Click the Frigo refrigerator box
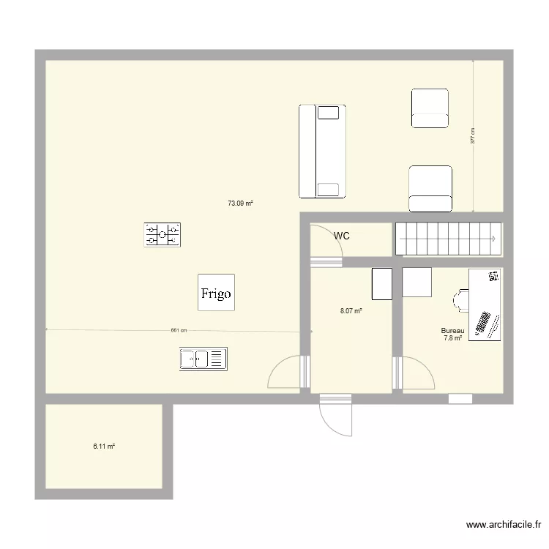[x=216, y=292]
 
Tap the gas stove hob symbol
[x=162, y=234]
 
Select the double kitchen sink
[x=203, y=359]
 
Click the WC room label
[x=341, y=236]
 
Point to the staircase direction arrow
[x=447, y=239]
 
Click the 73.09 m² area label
[x=240, y=203]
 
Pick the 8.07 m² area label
[x=351, y=310]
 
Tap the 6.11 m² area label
[x=104, y=447]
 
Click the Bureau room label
[x=452, y=331]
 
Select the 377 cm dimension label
[x=472, y=135]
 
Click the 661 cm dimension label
[x=179, y=330]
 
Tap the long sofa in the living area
[x=322, y=152]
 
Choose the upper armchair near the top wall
[x=430, y=108]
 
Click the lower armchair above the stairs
[x=430, y=189]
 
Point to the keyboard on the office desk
[x=482, y=323]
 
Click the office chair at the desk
[x=460, y=300]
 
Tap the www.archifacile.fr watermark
[x=504, y=525]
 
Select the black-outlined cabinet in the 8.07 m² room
[x=382, y=284]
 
